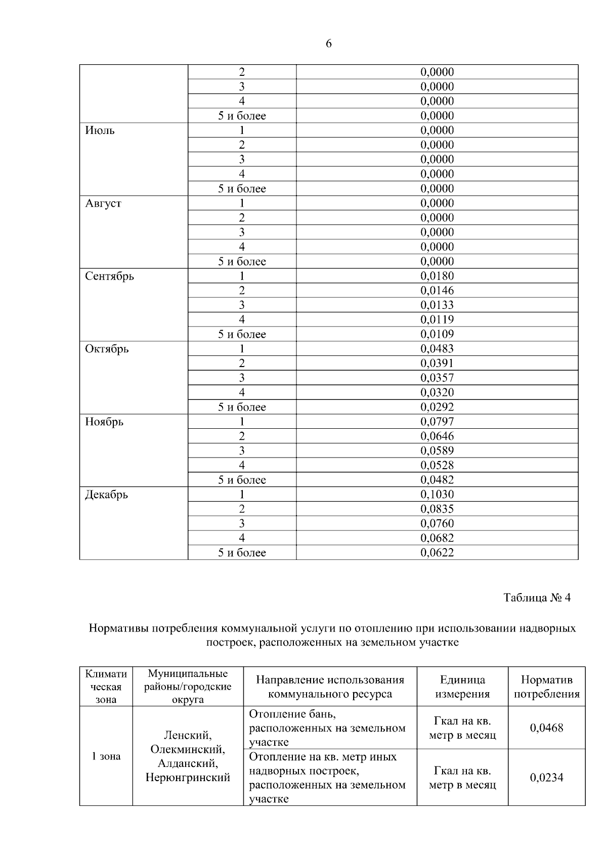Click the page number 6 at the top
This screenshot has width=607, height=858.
328,44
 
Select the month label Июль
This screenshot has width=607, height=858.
100,130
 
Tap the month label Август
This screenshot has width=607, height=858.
103,203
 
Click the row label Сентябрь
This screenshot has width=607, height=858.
109,276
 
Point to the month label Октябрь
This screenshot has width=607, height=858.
107,349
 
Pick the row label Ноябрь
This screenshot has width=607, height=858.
104,422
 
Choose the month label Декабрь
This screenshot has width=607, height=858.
106,494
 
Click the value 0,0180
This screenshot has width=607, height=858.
437,276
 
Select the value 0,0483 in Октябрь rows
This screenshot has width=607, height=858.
437,349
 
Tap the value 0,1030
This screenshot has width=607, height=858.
437,494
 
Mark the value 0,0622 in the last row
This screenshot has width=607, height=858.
437,553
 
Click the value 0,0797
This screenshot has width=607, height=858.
437,422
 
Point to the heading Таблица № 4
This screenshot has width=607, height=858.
537,598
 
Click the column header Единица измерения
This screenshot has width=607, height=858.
462,687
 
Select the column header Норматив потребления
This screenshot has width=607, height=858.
546,687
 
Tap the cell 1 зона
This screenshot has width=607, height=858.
106,756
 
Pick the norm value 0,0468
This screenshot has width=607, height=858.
546,728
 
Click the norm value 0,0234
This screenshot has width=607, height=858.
546,778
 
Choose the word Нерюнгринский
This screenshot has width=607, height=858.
188,778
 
